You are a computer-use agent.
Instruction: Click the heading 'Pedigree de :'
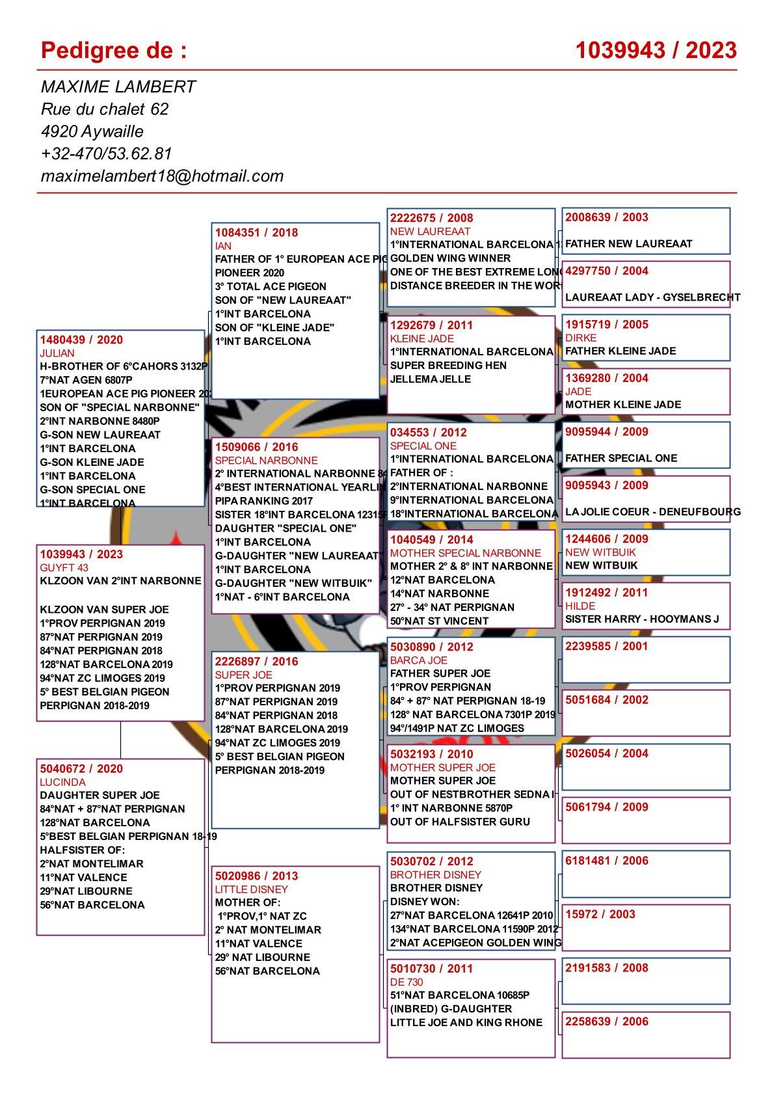[114, 50]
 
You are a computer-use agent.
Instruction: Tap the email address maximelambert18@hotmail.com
[162, 176]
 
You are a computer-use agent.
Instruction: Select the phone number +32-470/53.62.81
[106, 154]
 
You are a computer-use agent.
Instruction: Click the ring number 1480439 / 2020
[81, 340]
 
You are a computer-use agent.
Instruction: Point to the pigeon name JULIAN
[57, 353]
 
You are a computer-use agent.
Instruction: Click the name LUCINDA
[62, 782]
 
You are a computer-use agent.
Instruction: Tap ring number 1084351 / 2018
[256, 232]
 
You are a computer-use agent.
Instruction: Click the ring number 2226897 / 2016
[256, 661]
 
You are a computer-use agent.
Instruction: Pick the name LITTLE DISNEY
[251, 889]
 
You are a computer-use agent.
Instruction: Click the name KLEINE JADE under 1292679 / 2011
[421, 338]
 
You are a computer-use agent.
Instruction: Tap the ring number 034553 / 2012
[428, 432]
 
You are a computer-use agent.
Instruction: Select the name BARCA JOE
[418, 660]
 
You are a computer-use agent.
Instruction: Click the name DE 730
[407, 982]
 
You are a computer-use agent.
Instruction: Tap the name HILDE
[580, 606]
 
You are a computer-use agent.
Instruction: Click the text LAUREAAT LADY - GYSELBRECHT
[652, 297]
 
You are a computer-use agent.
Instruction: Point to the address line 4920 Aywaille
[92, 131]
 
